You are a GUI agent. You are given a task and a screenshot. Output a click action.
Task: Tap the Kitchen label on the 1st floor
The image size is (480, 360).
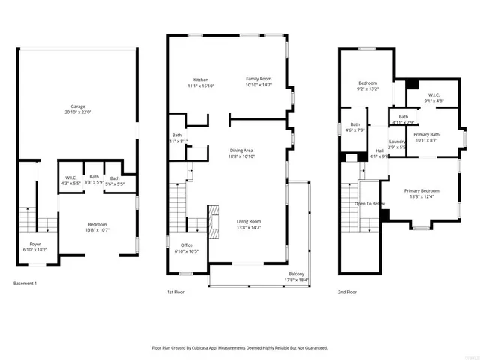pyautogui.click(x=201, y=79)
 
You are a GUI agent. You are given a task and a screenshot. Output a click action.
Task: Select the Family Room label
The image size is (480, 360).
pyautogui.click(x=259, y=79)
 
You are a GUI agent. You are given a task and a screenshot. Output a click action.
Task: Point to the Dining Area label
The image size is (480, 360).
pyautogui.click(x=241, y=151)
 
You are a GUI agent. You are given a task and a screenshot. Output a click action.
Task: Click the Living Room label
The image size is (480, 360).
pyautogui.click(x=249, y=221)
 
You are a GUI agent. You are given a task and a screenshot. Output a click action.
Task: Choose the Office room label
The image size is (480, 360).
pyautogui.click(x=187, y=246)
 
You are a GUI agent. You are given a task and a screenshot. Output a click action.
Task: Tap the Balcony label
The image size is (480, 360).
pyautogui.click(x=297, y=274)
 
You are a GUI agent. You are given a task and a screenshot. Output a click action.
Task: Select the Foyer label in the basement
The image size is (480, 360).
pyautogui.click(x=35, y=244)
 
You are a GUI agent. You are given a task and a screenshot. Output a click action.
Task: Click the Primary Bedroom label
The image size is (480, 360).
pyautogui.click(x=421, y=191)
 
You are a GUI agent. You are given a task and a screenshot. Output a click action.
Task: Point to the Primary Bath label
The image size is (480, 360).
pyautogui.click(x=426, y=134)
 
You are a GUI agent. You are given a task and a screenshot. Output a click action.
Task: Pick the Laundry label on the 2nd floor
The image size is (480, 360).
pyautogui.click(x=397, y=142)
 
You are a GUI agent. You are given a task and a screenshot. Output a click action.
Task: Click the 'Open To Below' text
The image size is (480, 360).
pyautogui.click(x=370, y=203)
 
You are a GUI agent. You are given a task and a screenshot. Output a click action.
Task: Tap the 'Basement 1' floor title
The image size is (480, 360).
pyautogui.click(x=25, y=283)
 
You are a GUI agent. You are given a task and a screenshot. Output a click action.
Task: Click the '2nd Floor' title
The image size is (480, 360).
pyautogui.click(x=349, y=292)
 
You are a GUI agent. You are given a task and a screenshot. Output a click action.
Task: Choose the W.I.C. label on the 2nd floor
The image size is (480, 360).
pyautogui.click(x=433, y=94)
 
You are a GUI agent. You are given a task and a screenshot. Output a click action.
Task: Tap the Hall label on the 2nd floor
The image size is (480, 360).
pyautogui.click(x=380, y=151)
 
